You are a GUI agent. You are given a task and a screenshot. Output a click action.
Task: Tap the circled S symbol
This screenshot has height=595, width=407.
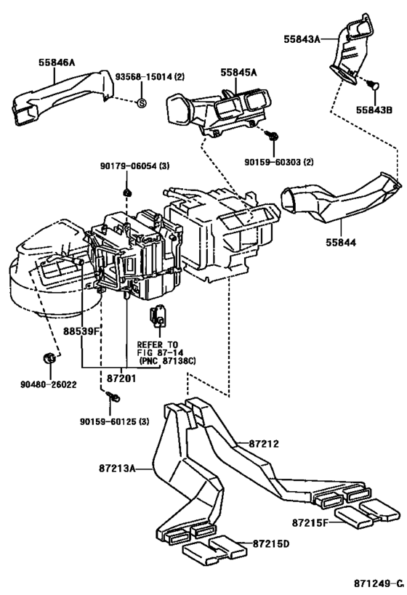(141, 102)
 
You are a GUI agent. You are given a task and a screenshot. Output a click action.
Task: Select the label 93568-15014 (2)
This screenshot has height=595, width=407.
(150, 77)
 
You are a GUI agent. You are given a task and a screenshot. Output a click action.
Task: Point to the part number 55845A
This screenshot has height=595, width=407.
(238, 73)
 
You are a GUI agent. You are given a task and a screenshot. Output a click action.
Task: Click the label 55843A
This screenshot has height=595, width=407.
(302, 39)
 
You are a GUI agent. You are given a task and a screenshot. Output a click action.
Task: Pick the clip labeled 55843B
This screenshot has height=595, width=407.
(374, 86)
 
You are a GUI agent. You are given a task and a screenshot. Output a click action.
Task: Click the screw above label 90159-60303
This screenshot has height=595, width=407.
(273, 135)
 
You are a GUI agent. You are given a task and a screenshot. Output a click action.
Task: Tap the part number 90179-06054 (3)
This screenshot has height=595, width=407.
(134, 166)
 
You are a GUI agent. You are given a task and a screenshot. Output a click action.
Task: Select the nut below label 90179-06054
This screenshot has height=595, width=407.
(128, 193)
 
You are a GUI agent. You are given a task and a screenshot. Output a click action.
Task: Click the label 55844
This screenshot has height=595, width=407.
(341, 242)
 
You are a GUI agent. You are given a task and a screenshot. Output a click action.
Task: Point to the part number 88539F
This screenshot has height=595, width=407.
(81, 331)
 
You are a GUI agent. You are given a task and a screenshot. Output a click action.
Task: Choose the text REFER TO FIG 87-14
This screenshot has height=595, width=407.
(158, 349)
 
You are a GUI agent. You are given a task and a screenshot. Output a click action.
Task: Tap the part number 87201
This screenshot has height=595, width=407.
(121, 379)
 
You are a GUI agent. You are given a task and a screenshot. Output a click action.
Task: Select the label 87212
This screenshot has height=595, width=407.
(265, 444)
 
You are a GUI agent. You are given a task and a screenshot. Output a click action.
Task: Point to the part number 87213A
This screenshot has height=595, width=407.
(117, 469)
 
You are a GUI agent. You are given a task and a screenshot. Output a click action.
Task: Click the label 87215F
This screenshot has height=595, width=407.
(310, 522)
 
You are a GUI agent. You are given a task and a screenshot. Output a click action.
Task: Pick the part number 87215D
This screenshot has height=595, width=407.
(271, 543)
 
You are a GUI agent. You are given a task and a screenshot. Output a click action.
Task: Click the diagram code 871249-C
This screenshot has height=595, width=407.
(379, 583)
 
